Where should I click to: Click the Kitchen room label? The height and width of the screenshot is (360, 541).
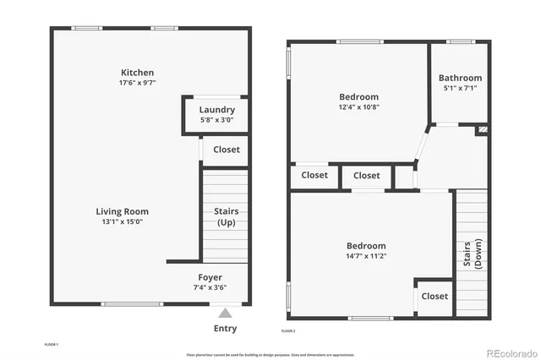coord(137,73)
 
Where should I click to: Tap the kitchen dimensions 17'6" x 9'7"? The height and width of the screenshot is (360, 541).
coord(137,84)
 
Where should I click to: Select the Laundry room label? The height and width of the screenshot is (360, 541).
coord(217,110)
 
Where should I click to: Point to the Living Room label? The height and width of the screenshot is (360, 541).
coord(122,211)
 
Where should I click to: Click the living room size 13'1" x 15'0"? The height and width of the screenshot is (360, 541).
coord(122,222)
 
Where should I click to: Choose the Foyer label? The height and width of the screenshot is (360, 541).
coord(210,276)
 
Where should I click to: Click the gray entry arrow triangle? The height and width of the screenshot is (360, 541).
coord(225,312)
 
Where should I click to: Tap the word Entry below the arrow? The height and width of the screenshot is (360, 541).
coord(225,329)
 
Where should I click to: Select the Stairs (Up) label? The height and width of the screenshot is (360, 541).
coord(227,217)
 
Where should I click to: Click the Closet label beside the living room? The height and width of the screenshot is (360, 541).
coord(227,150)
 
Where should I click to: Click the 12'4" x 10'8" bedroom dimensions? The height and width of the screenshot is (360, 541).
coord(359,107)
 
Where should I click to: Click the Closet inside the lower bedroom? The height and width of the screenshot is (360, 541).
coord(434,297)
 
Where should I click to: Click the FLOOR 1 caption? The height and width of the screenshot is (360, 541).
coord(51,345)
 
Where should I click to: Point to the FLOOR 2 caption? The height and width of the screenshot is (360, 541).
coord(288,330)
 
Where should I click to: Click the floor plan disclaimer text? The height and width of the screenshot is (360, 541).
coord(270,354)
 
